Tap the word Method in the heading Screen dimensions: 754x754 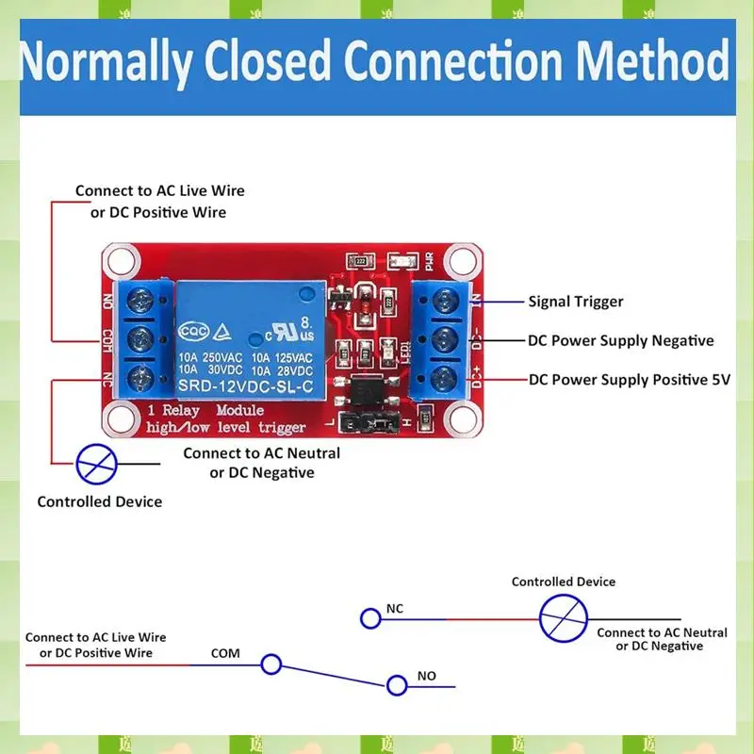click(x=653, y=62)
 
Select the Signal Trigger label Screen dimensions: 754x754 click(x=575, y=302)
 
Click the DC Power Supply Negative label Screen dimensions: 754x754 click(x=620, y=340)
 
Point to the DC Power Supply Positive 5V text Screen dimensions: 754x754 click(x=630, y=379)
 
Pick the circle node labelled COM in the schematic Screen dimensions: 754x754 click(x=271, y=664)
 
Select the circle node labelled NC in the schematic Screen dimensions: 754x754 click(x=369, y=618)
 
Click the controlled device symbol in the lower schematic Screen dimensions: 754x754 click(x=563, y=618)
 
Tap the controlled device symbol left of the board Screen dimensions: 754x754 click(x=97, y=464)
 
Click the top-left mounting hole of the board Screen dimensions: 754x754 click(x=121, y=259)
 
